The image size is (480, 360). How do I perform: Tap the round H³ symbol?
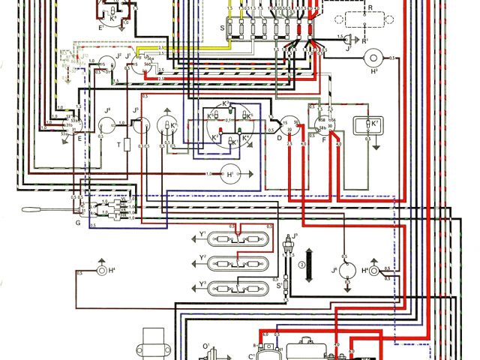(x=373, y=58)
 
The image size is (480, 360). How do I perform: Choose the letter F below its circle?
(x=325, y=139)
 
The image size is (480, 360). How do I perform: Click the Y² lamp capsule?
(x=238, y=263)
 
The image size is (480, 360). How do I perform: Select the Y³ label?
(x=202, y=283)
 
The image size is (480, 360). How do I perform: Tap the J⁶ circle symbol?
(x=346, y=271)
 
